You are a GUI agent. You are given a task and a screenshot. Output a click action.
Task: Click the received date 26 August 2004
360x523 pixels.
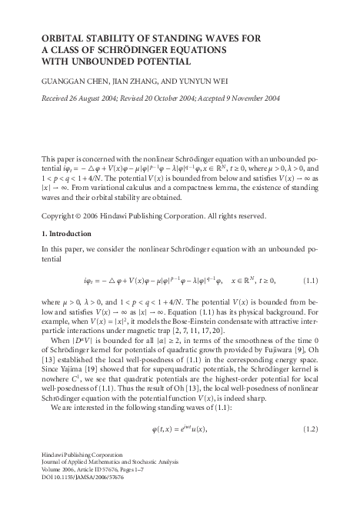(x=95, y=98)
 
